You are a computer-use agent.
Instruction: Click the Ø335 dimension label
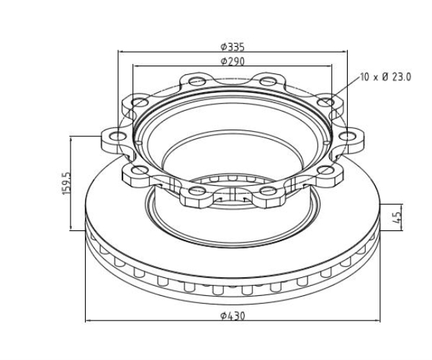233,47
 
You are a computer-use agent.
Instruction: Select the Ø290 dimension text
233,61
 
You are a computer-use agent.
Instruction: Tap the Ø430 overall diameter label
233,315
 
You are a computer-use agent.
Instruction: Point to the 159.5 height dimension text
67,183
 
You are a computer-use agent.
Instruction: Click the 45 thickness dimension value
397,217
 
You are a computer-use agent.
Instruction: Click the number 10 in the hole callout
365,77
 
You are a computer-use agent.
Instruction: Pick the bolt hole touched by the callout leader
325,103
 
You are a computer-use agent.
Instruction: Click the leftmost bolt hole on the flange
118,136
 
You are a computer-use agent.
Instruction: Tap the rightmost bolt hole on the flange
347,136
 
